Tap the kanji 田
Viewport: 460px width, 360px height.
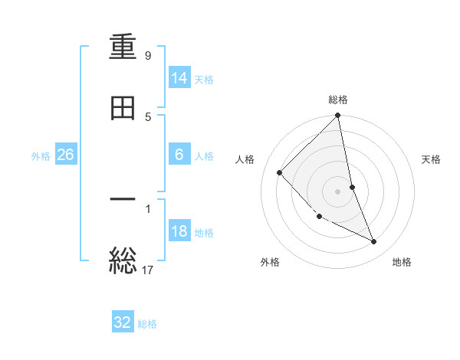point(123,108)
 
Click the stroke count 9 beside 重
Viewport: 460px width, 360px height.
point(148,56)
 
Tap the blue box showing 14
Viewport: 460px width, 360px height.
point(179,78)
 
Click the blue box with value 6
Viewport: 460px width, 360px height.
point(179,155)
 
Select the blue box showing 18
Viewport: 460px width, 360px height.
point(179,231)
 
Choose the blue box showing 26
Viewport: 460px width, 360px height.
point(66,155)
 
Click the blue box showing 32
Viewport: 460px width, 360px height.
point(123,322)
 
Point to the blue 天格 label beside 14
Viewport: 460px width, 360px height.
point(204,79)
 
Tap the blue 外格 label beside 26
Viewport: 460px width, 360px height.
point(41,155)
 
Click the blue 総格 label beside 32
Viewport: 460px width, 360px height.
point(147,323)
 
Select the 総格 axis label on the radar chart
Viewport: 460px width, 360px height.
point(338,100)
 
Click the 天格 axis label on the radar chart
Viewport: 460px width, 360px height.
point(432,159)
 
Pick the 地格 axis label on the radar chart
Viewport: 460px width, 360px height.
point(402,262)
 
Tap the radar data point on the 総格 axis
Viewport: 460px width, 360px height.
point(338,116)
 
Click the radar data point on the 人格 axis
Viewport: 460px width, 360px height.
point(280,172)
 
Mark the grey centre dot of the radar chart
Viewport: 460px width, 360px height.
point(338,191)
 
